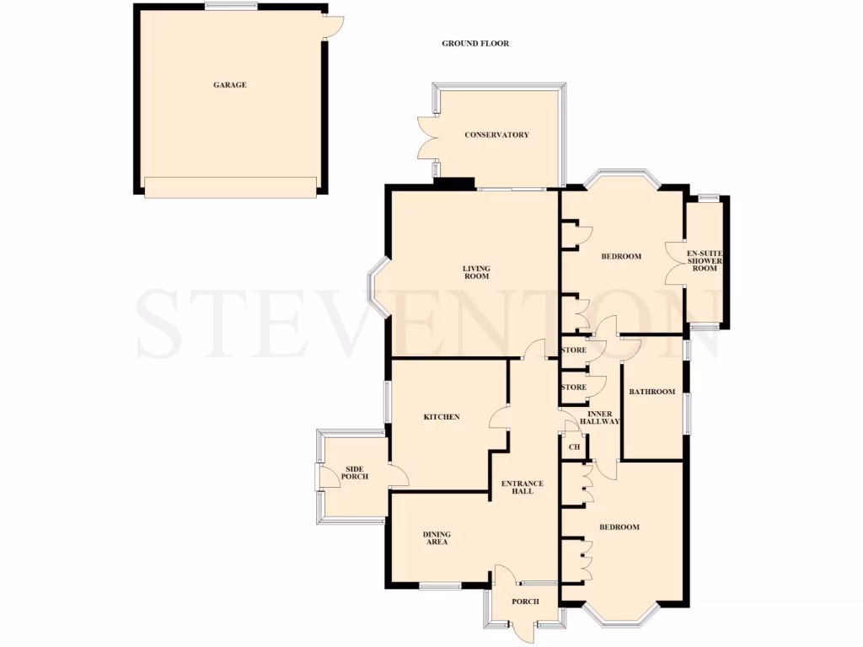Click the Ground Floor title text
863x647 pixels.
pyautogui.click(x=475, y=44)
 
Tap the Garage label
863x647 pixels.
pyautogui.click(x=229, y=85)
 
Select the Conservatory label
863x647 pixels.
pyautogui.click(x=496, y=135)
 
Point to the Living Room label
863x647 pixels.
pyautogui.click(x=476, y=272)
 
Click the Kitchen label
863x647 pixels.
pyautogui.click(x=441, y=417)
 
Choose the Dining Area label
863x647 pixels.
pyautogui.click(x=437, y=538)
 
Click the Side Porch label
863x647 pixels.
pyautogui.click(x=354, y=473)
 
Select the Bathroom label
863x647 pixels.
pyautogui.click(x=652, y=392)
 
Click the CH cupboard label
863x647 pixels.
pyautogui.click(x=574, y=446)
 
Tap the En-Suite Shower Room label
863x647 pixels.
pyautogui.click(x=705, y=261)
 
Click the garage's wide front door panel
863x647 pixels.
pyautogui.click(x=229, y=187)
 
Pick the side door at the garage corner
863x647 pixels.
pyautogui.click(x=333, y=27)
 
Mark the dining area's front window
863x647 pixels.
pyautogui.click(x=439, y=586)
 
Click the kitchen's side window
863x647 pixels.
pyautogui.click(x=386, y=403)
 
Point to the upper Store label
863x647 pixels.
pyautogui.click(x=573, y=350)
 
